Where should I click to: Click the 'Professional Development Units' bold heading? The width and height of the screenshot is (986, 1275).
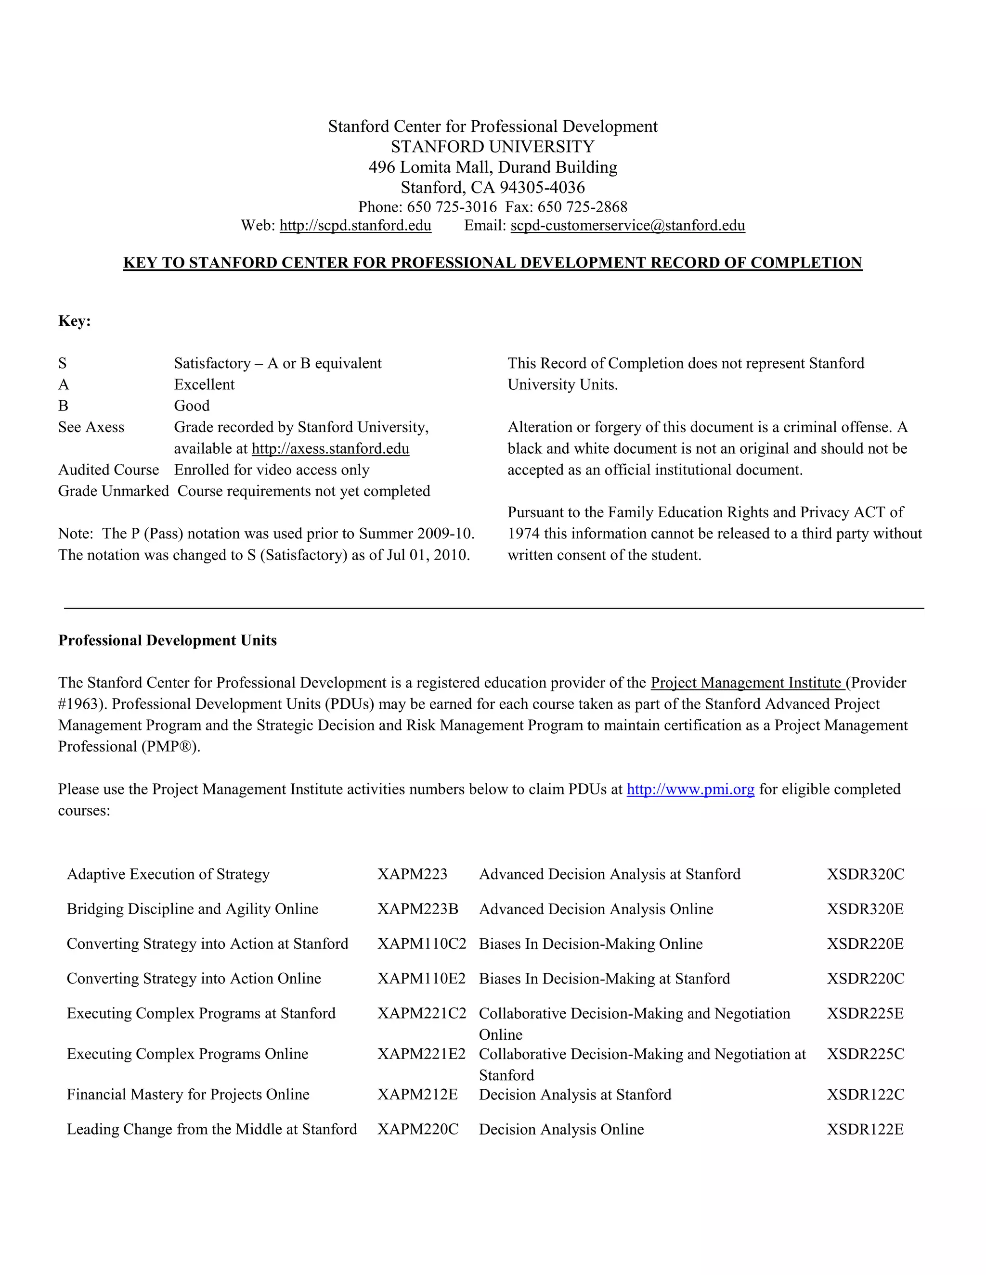click(x=167, y=640)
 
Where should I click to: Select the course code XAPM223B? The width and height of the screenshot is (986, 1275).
click(x=417, y=909)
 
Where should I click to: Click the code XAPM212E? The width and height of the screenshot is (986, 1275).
click(x=417, y=1095)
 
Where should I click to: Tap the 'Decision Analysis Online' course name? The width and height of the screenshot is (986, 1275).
click(x=561, y=1130)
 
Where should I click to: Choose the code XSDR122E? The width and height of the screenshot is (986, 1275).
click(x=865, y=1130)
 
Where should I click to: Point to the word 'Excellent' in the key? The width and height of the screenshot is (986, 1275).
click(x=204, y=385)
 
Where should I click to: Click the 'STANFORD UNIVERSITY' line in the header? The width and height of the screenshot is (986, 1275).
click(x=493, y=147)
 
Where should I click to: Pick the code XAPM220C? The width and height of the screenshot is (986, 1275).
click(x=417, y=1130)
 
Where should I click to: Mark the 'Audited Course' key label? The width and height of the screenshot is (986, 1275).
click(x=108, y=470)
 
